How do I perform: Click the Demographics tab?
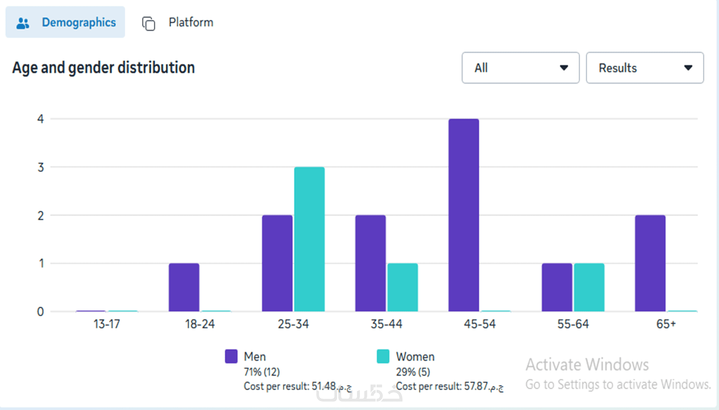(x=65, y=22)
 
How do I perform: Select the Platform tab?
(x=178, y=22)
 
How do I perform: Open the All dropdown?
(x=520, y=68)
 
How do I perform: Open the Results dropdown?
(x=645, y=68)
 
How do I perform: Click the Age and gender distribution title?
(x=104, y=68)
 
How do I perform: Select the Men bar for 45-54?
(x=464, y=215)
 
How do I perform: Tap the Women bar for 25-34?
(x=309, y=239)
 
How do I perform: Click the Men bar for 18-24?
(x=184, y=287)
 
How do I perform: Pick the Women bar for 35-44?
(x=402, y=287)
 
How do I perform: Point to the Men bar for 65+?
(x=650, y=263)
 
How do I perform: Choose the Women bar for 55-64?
(x=589, y=287)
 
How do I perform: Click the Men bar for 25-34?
(x=277, y=263)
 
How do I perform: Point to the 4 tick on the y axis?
(x=41, y=119)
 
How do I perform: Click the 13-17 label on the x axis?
(x=107, y=324)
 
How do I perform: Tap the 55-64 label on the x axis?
(x=573, y=324)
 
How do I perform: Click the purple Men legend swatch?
(x=231, y=356)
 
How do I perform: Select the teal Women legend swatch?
(x=383, y=356)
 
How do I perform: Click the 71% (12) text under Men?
(x=262, y=372)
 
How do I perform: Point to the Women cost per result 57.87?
(x=449, y=386)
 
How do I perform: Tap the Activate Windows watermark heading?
(x=587, y=364)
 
